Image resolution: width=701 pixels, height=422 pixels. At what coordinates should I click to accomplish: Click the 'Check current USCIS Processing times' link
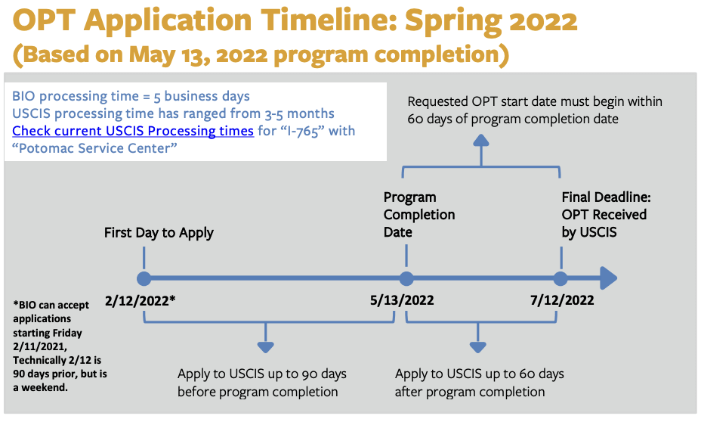coord(133,131)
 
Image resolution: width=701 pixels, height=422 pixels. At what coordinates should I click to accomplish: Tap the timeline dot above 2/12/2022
coord(144,278)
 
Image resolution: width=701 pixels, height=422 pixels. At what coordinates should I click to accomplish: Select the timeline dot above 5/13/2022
coord(406,278)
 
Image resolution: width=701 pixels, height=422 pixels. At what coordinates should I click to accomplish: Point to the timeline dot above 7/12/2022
coord(560,278)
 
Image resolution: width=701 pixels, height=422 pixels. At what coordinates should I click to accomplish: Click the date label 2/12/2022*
coord(140,301)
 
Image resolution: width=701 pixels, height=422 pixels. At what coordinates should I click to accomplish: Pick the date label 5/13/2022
coord(402,299)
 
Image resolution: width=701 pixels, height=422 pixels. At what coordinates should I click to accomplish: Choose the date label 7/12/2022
coord(562,299)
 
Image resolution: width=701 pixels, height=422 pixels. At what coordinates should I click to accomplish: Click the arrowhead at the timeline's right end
coord(608,278)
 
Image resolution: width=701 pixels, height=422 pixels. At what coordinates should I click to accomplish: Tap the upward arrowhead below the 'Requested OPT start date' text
coord(481,140)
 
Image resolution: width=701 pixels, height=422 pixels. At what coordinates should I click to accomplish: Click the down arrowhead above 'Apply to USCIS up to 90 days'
coord(266,347)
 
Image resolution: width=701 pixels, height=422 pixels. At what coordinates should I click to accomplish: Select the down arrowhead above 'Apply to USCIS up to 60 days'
coord(478,347)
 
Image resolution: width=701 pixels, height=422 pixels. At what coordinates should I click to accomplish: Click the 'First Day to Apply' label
coord(159,233)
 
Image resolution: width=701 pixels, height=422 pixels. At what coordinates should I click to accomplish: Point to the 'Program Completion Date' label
coord(419,214)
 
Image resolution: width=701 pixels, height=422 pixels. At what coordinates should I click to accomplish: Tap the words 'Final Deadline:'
coord(607,197)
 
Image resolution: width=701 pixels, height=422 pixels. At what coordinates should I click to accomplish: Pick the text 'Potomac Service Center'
coord(94,148)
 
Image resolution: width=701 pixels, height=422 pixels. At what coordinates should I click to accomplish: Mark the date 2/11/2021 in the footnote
coord(40,346)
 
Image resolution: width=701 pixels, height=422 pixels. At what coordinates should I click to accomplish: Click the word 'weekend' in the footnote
coord(44,387)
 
